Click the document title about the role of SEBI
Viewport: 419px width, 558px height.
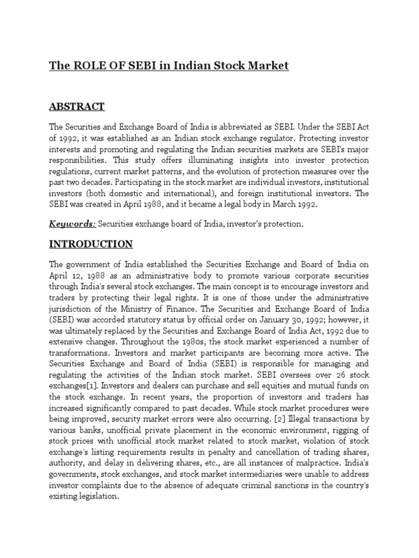[x=169, y=66]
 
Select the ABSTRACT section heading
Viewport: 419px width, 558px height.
[x=77, y=106]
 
